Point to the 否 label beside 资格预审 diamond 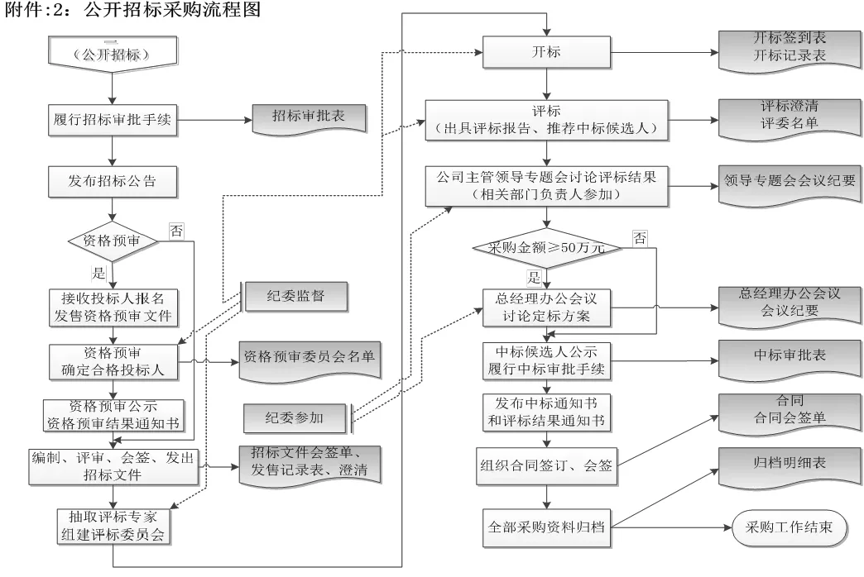tap(175, 231)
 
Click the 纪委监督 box tap(295, 296)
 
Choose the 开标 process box tap(545, 51)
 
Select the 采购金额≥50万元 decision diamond tap(545, 246)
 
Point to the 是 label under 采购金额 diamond tap(534, 279)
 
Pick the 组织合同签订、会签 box tap(545, 465)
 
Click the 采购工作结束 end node tap(789, 526)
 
